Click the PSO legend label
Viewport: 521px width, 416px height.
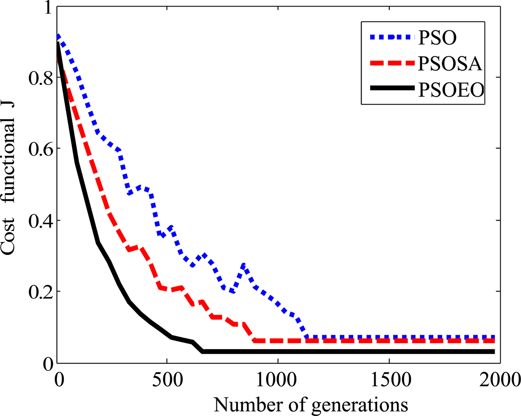tap(438, 37)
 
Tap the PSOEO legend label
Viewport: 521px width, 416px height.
tap(451, 89)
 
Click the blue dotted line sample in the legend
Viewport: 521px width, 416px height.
tap(392, 37)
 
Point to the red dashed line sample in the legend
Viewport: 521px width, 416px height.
tap(392, 63)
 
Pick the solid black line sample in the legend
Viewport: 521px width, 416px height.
tap(392, 88)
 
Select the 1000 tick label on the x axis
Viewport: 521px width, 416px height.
tap(278, 380)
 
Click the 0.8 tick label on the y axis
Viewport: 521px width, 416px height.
tap(40, 78)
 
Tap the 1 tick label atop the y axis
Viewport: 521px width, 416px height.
tap(48, 8)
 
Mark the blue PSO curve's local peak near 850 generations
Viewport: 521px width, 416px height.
tap(243, 265)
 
